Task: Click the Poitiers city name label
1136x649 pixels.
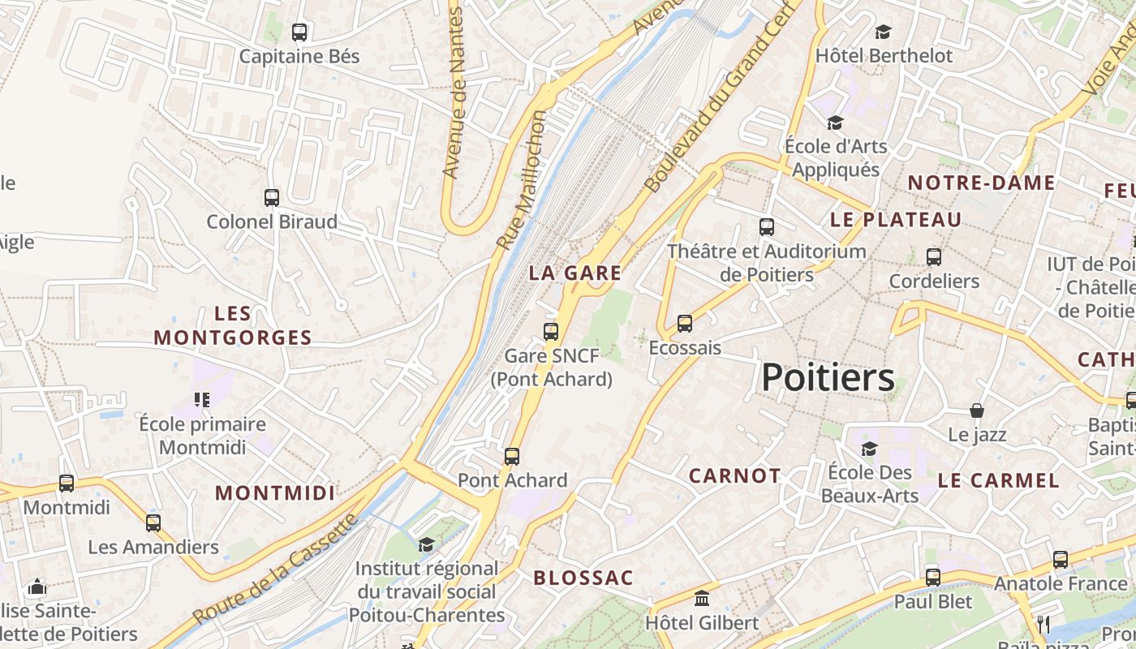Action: pos(828,377)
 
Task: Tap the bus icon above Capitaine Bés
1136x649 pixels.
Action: pos(299,32)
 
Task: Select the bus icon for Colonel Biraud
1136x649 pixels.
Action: pos(272,197)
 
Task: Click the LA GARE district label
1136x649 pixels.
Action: pos(575,273)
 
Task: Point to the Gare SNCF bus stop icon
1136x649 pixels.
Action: pos(551,331)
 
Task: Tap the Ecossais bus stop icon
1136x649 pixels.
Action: pos(685,324)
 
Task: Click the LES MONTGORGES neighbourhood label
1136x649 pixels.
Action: pos(233,325)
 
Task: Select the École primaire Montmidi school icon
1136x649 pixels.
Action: pos(201,399)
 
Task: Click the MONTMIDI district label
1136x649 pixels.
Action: pos(275,492)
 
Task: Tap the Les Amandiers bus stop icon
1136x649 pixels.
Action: pos(153,522)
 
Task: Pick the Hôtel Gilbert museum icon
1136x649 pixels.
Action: pos(702,599)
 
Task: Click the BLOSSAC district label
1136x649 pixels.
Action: pos(583,578)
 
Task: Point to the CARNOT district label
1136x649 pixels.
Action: pos(734,475)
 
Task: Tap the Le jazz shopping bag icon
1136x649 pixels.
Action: pos(977,410)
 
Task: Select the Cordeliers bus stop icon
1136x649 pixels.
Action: pos(934,257)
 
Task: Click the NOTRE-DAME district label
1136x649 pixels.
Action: pos(981,183)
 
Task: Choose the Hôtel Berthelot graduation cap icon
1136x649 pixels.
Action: pos(883,32)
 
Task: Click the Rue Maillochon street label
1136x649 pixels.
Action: pos(521,180)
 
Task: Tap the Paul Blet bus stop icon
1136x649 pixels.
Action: pos(933,578)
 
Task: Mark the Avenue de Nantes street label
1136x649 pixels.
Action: pos(455,93)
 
